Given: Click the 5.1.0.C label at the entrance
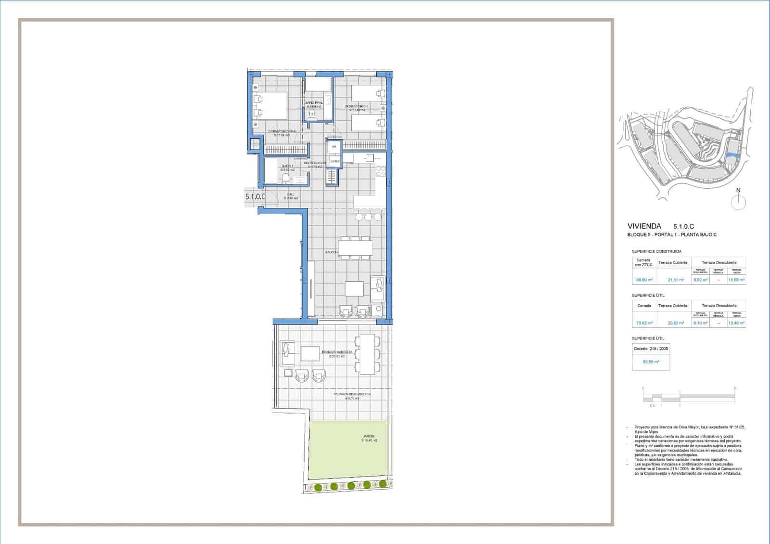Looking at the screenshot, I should point(255,196).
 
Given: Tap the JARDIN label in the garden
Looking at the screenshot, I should point(369,437).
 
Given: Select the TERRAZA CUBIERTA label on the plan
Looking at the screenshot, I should point(337,352).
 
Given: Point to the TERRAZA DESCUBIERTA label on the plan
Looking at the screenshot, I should point(352,394).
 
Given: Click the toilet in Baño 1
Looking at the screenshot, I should point(286,179).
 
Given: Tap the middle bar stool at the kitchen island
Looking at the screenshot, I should point(368,217).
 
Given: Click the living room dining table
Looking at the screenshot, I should point(355,247).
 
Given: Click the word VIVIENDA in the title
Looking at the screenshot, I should point(644,226).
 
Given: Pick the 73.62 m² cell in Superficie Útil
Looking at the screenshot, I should point(644,323).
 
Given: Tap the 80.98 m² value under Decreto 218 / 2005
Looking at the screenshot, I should point(650,362).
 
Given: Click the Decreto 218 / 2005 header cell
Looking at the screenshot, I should point(651,349).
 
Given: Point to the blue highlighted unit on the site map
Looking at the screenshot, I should point(732,155).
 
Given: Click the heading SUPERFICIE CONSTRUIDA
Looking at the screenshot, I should point(656,251).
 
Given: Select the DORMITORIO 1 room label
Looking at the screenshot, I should point(357,106).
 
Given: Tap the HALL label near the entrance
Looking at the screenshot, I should point(291,194).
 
